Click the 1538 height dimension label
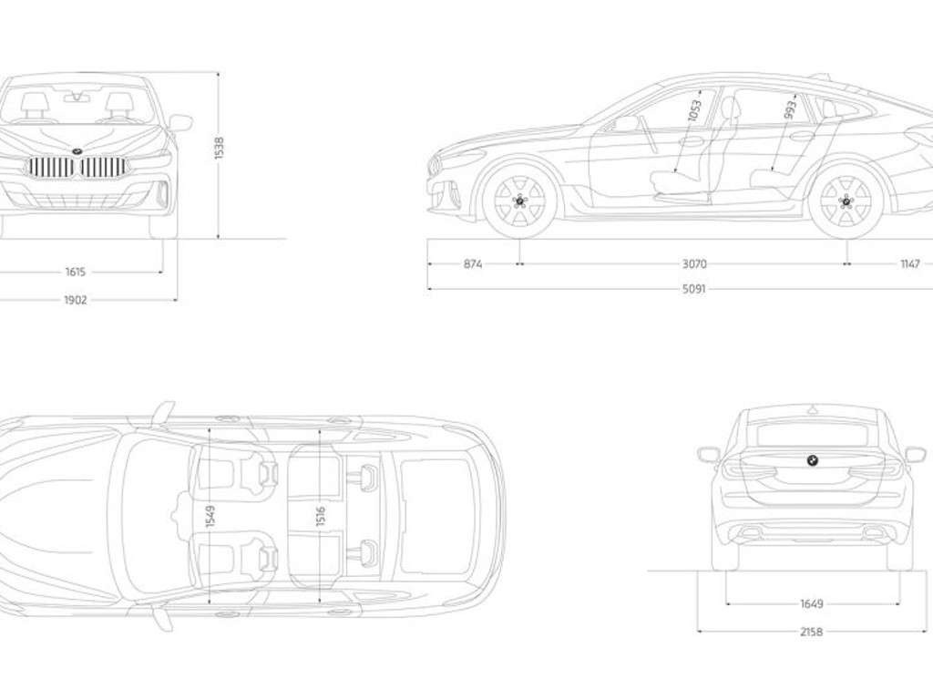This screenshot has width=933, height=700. point(219,149)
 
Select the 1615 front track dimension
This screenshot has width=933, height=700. point(76,272)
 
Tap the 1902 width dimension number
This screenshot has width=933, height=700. point(76,300)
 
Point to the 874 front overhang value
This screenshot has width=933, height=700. point(473,264)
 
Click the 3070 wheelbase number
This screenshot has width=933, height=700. point(694,264)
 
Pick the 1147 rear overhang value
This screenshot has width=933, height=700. point(909,264)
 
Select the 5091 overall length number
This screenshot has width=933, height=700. point(694,290)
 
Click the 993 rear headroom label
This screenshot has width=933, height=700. point(790,110)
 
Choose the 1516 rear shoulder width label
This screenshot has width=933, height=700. point(321,516)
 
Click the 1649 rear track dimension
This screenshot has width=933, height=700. point(811,603)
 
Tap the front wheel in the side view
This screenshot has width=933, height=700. point(519,201)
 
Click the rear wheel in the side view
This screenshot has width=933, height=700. point(845,201)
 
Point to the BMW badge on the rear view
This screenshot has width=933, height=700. point(812,460)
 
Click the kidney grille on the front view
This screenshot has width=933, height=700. point(77,167)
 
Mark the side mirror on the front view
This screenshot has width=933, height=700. point(179,122)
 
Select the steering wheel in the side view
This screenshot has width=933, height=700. point(647,133)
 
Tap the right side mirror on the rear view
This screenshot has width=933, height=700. point(915,454)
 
